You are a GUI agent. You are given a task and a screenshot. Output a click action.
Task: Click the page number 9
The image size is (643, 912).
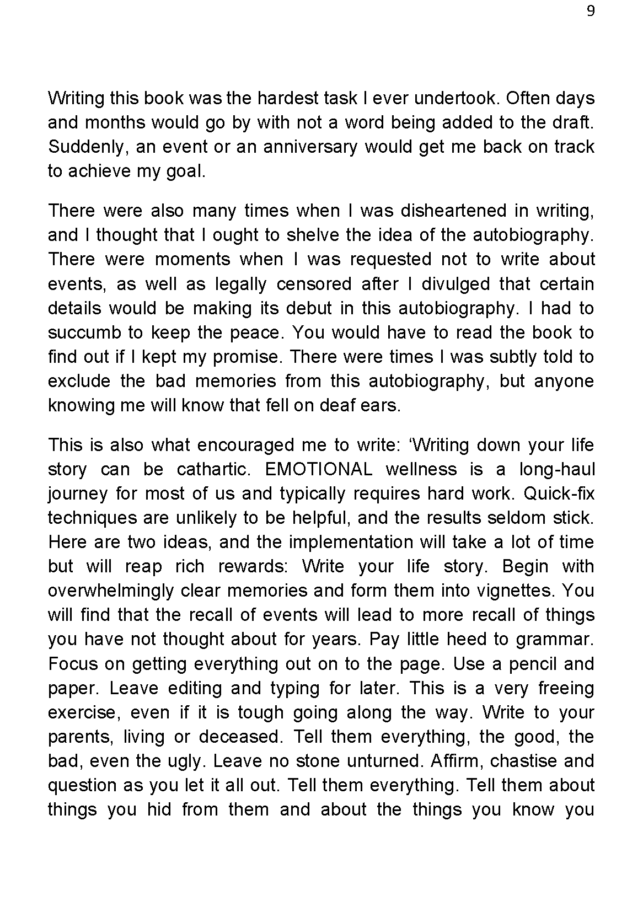click(x=591, y=12)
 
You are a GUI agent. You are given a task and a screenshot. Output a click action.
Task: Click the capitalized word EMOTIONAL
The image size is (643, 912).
click(x=319, y=469)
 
